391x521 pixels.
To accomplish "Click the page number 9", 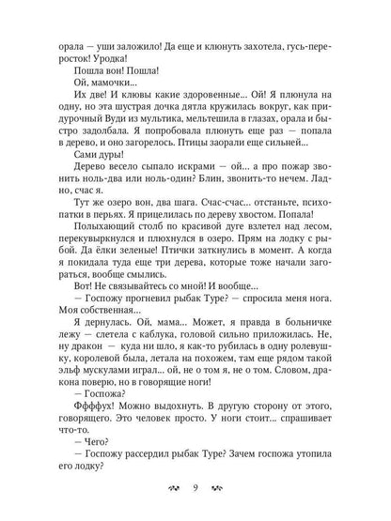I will click(x=195, y=487).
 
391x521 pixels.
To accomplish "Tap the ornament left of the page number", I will click(x=172, y=487).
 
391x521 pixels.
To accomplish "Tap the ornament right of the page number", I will click(x=218, y=487).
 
